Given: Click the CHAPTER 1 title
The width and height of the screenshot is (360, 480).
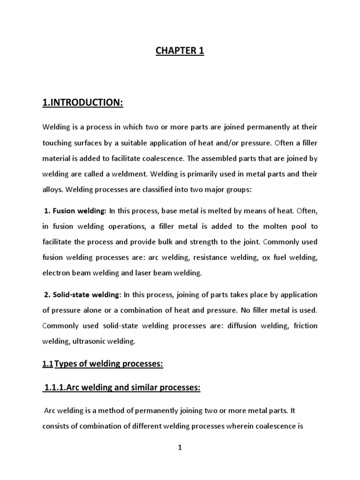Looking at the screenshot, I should [x=180, y=51].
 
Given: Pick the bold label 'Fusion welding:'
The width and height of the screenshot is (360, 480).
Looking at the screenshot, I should [x=79, y=211].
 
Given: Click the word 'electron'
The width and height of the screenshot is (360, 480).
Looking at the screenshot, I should [x=56, y=272].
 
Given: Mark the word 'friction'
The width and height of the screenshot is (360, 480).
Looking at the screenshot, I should [x=304, y=325].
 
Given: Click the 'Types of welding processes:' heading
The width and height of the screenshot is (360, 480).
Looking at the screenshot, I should [x=109, y=364].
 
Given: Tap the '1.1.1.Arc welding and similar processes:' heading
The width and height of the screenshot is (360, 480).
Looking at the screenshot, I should [x=122, y=387].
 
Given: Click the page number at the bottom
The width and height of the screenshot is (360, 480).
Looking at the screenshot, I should [x=180, y=448].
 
